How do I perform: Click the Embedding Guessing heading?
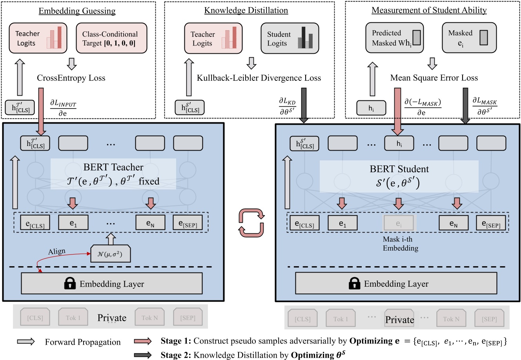click(x=77, y=11)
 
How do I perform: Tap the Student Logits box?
click(x=290, y=38)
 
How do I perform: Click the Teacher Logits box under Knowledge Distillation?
click(x=213, y=38)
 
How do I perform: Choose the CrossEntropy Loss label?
click(x=71, y=78)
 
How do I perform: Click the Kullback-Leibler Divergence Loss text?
click(x=259, y=78)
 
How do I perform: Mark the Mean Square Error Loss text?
click(x=434, y=78)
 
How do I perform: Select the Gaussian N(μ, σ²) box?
click(x=111, y=255)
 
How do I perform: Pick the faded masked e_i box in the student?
click(x=399, y=223)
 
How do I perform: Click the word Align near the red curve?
click(x=57, y=251)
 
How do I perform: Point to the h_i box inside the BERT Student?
click(x=399, y=144)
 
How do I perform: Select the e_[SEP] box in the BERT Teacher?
click(x=188, y=223)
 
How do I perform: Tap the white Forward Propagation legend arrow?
click(x=27, y=342)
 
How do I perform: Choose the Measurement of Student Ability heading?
click(x=429, y=11)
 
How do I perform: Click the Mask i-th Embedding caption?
click(x=400, y=244)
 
